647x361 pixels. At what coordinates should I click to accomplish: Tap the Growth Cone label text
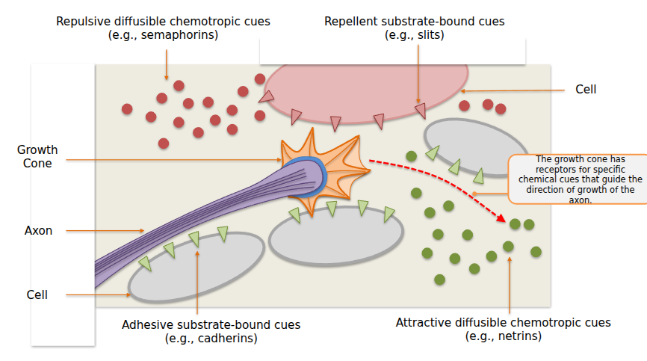click(x=37, y=156)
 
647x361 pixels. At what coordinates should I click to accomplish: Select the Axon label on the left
click(x=38, y=230)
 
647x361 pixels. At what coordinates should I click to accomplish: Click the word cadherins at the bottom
click(x=220, y=339)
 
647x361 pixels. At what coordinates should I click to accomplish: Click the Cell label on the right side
click(x=586, y=90)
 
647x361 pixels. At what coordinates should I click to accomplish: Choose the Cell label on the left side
click(x=37, y=294)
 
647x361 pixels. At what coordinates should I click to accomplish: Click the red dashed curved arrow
click(x=441, y=179)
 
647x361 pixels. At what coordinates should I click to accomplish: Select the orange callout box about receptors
click(x=575, y=179)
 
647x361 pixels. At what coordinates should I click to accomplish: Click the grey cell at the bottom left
click(x=196, y=265)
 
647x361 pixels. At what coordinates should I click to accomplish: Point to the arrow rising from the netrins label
click(x=510, y=284)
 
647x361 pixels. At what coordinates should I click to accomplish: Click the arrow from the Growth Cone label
click(x=172, y=159)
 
